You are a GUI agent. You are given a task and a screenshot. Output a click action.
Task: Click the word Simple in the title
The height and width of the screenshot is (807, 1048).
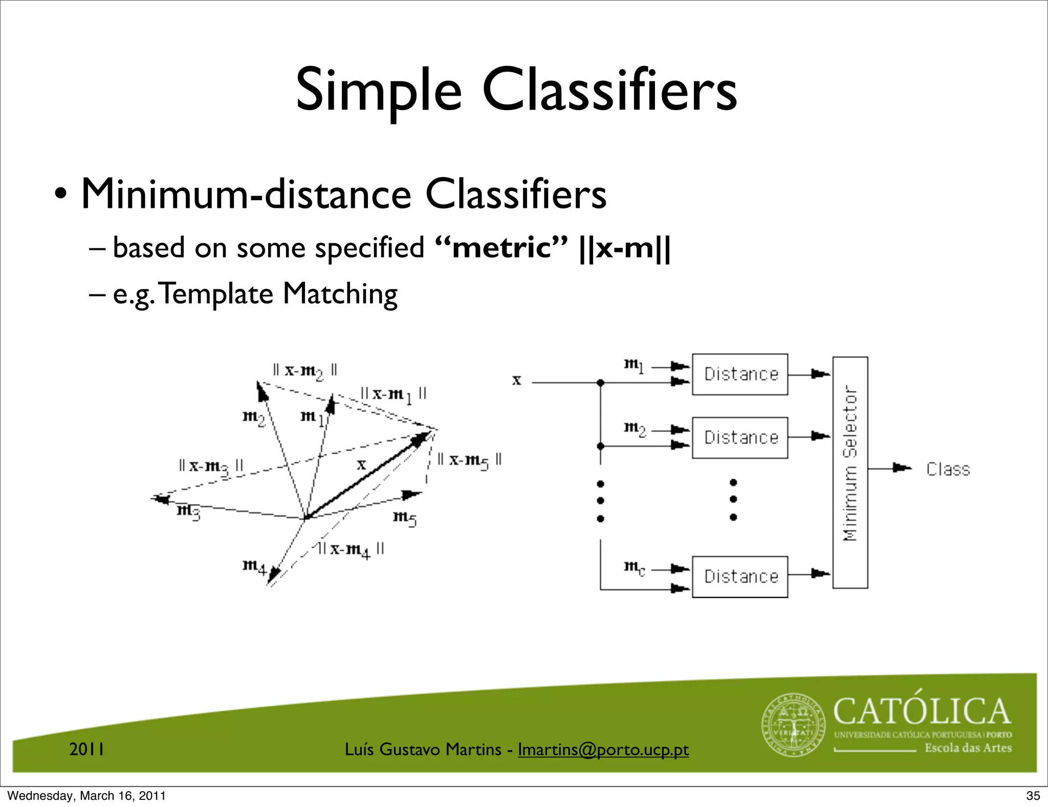pos(379,91)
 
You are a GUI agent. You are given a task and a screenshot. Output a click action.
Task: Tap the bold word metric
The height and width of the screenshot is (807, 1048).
pos(501,248)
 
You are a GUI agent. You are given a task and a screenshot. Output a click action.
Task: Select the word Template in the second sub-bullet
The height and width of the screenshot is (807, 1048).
pos(217,294)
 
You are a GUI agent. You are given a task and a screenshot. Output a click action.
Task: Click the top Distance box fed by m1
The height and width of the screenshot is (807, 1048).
pos(740,374)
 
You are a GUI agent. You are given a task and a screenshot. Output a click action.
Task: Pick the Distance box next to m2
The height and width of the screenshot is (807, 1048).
pos(740,438)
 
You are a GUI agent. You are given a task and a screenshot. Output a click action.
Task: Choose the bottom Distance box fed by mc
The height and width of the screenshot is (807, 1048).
pos(740,577)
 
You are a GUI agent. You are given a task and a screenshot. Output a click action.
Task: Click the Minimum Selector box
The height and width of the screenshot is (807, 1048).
pos(850,472)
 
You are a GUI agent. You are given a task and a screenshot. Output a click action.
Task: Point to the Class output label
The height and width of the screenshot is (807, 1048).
pos(948,469)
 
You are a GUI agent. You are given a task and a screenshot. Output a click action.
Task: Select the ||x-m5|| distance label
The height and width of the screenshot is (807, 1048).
pos(469,460)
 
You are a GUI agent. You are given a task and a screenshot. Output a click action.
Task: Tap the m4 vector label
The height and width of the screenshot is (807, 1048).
pos(254,566)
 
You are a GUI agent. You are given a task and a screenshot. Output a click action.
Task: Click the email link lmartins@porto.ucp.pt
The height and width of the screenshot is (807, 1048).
pos(603,750)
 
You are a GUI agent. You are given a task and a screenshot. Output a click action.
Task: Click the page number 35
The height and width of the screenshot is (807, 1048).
pos(1033,796)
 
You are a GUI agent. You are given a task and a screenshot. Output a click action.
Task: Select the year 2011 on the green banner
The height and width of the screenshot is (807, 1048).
pos(87,750)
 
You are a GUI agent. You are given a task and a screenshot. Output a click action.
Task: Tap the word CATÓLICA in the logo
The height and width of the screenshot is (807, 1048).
pos(922,712)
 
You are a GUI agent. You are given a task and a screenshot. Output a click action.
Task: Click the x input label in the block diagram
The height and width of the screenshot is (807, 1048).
pos(517,380)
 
